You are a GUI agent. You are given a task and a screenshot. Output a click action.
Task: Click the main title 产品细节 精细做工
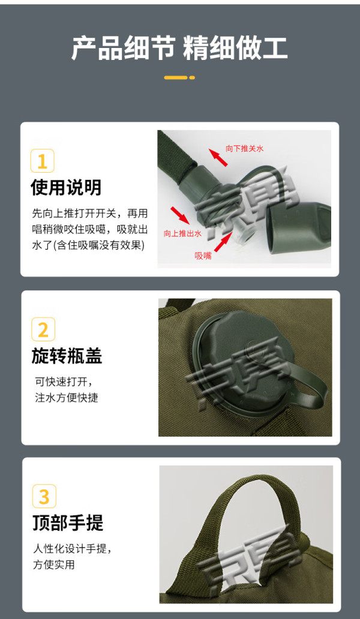coord(179,49)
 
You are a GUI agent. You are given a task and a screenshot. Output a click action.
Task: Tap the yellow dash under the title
coord(179,77)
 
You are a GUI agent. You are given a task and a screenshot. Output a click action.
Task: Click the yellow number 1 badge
coord(42,161)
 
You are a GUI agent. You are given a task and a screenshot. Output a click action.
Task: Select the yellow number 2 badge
coord(43,329)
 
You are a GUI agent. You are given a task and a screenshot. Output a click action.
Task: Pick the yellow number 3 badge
coord(44,496)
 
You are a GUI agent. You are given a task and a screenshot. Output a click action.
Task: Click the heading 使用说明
coord(67,187)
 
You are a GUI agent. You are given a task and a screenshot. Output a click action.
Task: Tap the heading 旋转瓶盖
coord(67,355)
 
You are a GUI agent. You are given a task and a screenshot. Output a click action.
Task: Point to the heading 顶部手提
coord(68,522)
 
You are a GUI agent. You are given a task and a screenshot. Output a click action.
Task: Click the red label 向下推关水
coord(244,148)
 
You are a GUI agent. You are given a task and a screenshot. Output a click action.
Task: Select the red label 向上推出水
coord(183,233)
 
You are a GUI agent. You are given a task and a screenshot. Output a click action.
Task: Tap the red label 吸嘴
coord(203,256)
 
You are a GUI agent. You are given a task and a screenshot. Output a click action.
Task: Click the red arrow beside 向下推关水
coord(218,157)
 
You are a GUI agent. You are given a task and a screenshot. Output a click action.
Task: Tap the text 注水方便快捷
coord(67,398)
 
